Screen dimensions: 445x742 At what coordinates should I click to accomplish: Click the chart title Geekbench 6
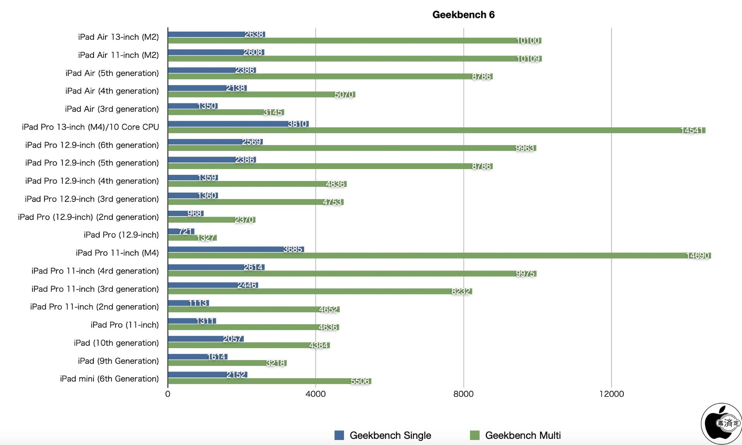(463, 15)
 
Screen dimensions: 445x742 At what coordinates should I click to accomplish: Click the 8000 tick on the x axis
(463, 394)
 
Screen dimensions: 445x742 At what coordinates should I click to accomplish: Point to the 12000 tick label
(611, 394)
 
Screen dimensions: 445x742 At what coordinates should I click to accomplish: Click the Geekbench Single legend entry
(383, 435)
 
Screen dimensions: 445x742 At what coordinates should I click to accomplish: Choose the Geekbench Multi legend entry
(516, 435)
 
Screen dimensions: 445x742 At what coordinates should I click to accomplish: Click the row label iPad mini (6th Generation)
(109, 379)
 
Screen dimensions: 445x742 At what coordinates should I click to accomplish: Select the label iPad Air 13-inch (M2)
(118, 37)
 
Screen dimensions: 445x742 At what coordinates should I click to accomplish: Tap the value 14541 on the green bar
(691, 130)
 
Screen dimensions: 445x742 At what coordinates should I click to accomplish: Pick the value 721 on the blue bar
(186, 231)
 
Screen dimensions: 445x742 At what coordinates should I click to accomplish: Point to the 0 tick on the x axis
(168, 394)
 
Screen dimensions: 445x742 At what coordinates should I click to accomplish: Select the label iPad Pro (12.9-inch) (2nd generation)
(88, 217)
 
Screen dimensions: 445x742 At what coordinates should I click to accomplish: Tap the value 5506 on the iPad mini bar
(360, 381)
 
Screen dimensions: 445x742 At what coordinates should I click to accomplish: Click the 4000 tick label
(315, 394)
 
